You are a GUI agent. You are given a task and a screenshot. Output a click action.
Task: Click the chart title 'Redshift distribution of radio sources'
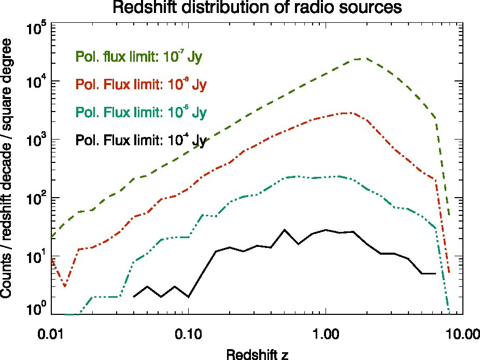pos(257,7)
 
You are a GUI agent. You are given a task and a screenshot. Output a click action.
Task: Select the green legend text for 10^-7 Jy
pos(139,57)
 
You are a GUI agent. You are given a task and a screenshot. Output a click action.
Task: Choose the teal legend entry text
pos(141,112)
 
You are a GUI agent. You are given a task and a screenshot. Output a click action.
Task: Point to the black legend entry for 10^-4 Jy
pos(141,140)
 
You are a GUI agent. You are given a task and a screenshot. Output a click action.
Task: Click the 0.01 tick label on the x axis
pos(51,334)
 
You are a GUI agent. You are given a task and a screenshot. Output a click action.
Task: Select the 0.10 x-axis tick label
pos(188,334)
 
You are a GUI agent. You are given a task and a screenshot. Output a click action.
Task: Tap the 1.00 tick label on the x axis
pos(326,334)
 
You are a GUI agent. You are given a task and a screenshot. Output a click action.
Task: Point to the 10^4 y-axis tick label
pos(36,82)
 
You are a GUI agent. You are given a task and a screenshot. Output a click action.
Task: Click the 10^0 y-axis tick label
pos(36,309)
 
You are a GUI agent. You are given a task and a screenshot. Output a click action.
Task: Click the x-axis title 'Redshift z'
pos(257,354)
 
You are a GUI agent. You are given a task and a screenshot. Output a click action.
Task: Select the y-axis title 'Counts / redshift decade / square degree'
pos(6,168)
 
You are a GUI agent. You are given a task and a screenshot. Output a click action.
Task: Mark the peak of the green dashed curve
pos(361,58)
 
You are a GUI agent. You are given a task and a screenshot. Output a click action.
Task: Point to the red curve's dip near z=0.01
pos(65,286)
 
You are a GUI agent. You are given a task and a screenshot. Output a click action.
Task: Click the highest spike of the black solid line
pos(285,229)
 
